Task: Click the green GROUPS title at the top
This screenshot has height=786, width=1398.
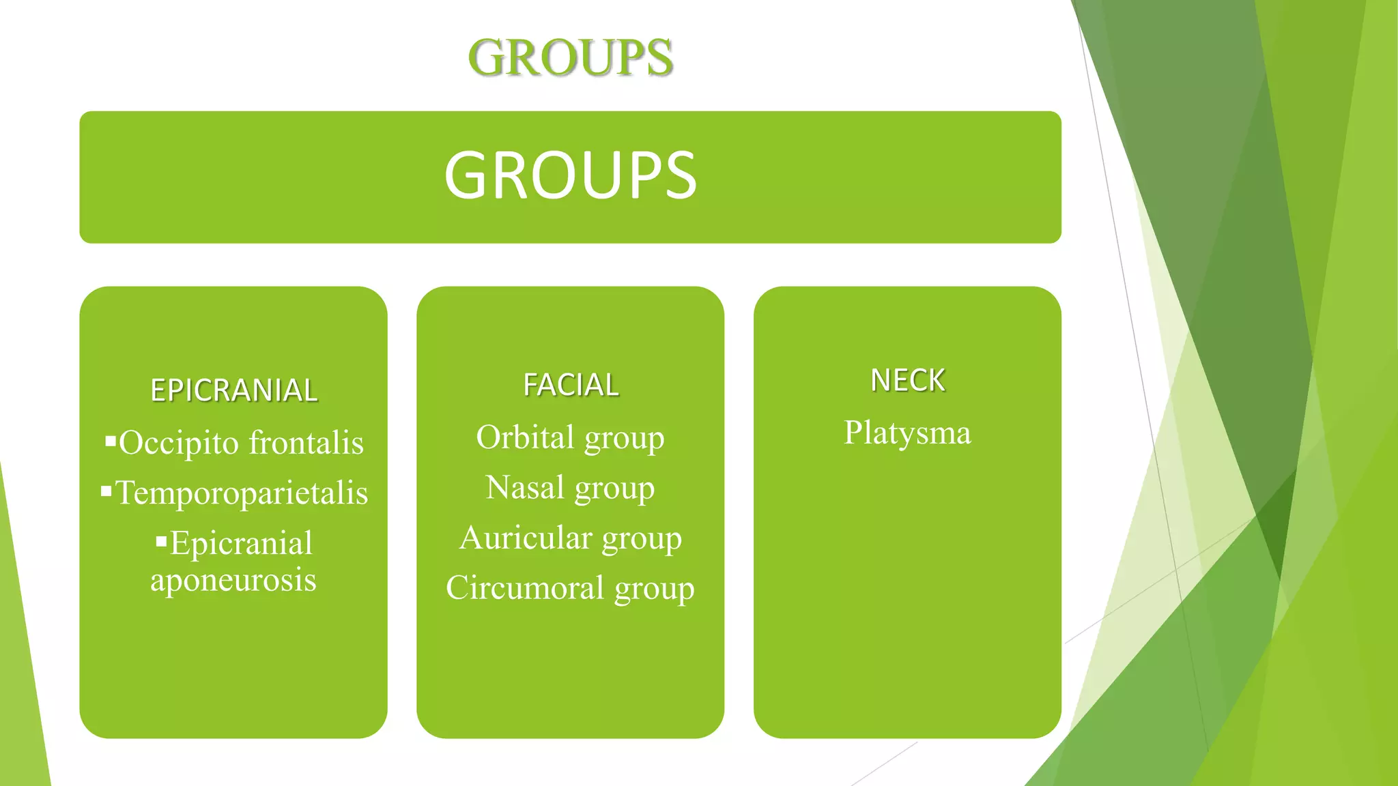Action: coord(571,57)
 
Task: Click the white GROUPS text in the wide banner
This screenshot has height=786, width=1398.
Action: coord(571,176)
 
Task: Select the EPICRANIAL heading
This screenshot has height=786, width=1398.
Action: coord(233,390)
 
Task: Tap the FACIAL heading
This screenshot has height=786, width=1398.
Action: coord(571,385)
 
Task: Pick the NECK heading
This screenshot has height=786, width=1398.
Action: coord(908,380)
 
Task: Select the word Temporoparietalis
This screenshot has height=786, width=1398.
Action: coord(242,493)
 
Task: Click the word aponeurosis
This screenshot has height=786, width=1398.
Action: coord(233,580)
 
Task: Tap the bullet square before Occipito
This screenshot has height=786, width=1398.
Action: coord(111,441)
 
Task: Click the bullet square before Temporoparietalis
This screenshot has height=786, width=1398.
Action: coord(106,491)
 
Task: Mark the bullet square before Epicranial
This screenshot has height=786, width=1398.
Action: coord(161,542)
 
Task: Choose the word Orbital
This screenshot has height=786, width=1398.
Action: coord(525,437)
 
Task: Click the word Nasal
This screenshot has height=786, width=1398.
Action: coord(525,488)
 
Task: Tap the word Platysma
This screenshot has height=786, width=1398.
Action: coord(907,433)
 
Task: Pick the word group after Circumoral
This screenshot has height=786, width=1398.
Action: coord(654,589)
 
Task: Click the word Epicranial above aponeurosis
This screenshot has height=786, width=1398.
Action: coord(241,543)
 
